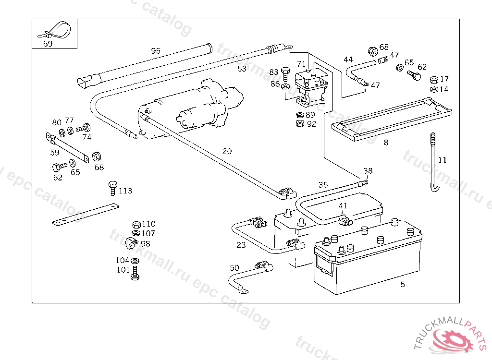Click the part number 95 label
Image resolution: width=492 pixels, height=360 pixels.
click(x=156, y=51)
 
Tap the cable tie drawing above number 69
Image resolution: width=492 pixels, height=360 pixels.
click(x=54, y=30)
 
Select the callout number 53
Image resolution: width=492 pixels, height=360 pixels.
click(x=242, y=69)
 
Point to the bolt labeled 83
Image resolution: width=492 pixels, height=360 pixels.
click(x=285, y=74)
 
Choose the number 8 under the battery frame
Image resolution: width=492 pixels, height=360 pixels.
click(x=386, y=143)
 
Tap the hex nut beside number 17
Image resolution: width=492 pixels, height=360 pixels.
click(x=434, y=80)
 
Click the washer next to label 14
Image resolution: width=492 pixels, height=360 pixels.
click(x=434, y=90)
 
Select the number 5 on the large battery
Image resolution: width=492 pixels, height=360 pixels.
click(x=403, y=285)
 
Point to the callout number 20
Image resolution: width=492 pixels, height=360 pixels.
click(x=227, y=152)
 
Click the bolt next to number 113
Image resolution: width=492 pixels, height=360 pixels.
click(x=112, y=188)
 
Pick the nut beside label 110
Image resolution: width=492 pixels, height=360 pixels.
click(x=136, y=225)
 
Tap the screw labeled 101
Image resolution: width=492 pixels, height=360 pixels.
click(x=135, y=273)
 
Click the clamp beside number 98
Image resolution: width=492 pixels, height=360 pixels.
click(x=132, y=243)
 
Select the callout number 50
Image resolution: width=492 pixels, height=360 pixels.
click(x=234, y=268)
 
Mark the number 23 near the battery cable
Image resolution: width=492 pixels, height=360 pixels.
click(x=241, y=245)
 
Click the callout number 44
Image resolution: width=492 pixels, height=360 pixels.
click(x=348, y=60)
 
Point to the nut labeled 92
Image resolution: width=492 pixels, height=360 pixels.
click(x=300, y=123)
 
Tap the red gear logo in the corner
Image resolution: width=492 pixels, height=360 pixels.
click(x=452, y=340)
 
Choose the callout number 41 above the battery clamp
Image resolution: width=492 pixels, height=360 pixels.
click(x=343, y=206)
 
